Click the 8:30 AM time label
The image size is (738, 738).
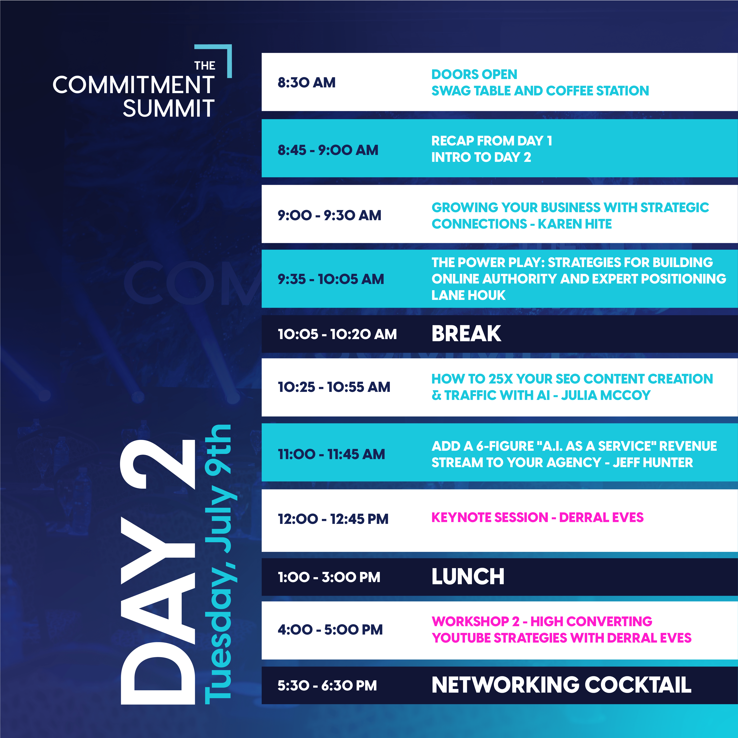[306, 82]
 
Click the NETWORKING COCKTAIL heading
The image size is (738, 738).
[561, 685]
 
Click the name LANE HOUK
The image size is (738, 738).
[468, 295]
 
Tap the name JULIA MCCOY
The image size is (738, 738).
[606, 395]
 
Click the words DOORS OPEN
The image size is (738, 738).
[475, 74]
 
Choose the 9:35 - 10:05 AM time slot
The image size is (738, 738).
[331, 279]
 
